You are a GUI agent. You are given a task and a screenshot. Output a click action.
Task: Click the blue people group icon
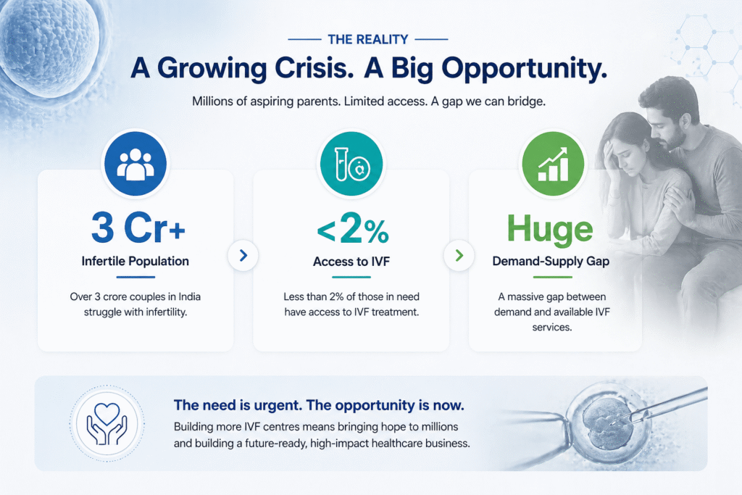(136, 163)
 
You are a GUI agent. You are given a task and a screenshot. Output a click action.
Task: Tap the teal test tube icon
(351, 163)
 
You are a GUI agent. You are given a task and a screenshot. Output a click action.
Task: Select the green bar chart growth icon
(553, 163)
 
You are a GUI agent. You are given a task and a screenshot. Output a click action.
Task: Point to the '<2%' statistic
(353, 228)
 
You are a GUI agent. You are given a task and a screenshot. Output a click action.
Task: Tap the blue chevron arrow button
(243, 256)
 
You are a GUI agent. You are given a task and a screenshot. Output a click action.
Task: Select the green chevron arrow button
(459, 256)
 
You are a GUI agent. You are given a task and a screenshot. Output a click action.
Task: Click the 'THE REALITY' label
(368, 39)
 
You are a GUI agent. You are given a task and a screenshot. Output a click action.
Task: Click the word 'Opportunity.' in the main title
(525, 69)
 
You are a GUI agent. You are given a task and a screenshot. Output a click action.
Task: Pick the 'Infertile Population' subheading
(136, 261)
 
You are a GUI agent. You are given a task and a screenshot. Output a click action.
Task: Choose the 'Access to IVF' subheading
(351, 262)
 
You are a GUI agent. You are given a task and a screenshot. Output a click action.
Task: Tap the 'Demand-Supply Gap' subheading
(551, 262)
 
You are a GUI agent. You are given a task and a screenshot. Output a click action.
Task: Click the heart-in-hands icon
(107, 423)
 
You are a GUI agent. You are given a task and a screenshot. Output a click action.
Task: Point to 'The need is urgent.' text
(237, 405)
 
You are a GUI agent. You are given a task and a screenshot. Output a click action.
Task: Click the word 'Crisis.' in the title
(314, 69)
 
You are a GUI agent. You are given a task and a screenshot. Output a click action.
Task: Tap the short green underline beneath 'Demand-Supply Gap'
(552, 277)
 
